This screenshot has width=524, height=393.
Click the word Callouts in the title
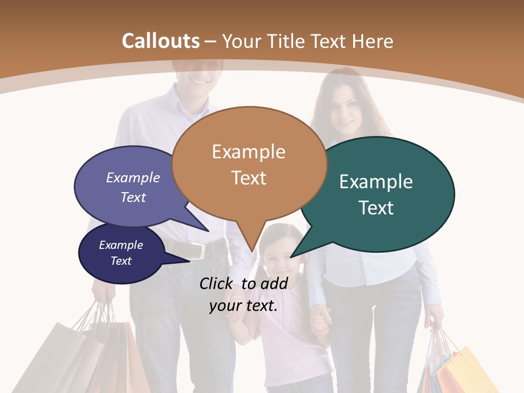[160, 41]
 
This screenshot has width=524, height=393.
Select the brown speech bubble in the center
[249, 164]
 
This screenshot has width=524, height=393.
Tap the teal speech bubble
[377, 194]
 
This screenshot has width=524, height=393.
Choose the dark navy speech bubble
[121, 253]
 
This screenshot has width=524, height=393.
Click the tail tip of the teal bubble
[291, 257]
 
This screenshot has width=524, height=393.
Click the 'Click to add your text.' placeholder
[243, 294]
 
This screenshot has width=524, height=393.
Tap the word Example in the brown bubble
[249, 151]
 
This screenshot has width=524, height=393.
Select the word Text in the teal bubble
[377, 208]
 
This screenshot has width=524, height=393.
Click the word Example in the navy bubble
[121, 245]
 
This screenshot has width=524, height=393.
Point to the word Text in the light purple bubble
[133, 198]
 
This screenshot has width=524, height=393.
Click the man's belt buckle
[198, 251]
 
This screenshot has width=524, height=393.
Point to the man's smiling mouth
[200, 81]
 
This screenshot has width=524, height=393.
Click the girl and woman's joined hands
[321, 322]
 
